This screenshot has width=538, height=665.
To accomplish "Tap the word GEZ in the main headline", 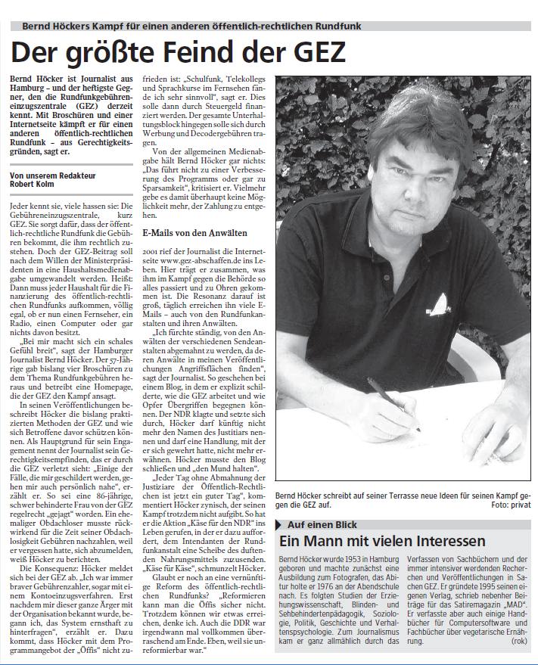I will [x=310, y=52].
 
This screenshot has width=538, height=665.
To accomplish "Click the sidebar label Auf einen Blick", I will [x=321, y=524].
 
